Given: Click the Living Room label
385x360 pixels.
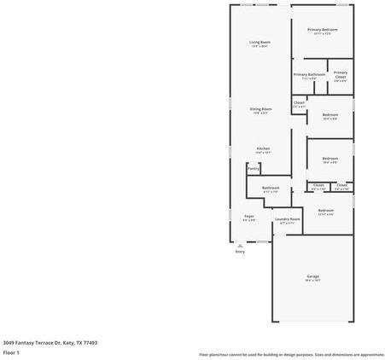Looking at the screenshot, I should (260, 42).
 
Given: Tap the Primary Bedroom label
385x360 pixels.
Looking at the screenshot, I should (322, 30).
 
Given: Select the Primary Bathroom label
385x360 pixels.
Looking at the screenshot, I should (309, 75).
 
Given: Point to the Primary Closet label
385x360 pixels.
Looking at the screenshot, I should (340, 75).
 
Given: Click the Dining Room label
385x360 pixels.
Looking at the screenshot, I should (260, 109).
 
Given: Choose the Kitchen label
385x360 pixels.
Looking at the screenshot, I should (263, 148).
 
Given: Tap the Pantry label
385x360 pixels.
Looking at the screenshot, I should (253, 169).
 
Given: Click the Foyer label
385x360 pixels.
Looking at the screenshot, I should (248, 216).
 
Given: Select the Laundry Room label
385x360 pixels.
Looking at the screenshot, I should (287, 219).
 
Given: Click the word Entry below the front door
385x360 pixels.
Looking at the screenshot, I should (240, 252).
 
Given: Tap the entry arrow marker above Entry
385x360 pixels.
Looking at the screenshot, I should (240, 245).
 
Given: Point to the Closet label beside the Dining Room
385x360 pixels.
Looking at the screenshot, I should (299, 103).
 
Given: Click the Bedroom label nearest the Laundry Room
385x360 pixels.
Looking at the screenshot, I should (325, 210).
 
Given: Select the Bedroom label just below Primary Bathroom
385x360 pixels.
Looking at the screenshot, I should (330, 114).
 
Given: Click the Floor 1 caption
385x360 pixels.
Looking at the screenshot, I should (11, 351).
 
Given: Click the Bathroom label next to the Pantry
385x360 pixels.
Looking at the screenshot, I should (271, 188).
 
